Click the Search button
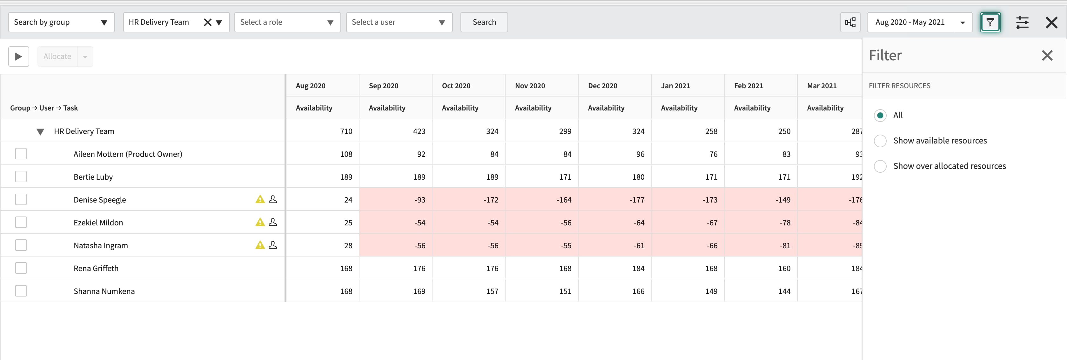click(x=484, y=22)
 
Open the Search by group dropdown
click(x=61, y=22)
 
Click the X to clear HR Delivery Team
click(x=207, y=22)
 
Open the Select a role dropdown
click(x=287, y=22)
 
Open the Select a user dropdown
click(x=399, y=22)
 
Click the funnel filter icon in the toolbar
click(x=990, y=22)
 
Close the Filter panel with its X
click(x=1047, y=56)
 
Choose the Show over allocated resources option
click(x=880, y=166)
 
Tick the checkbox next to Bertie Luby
click(x=21, y=177)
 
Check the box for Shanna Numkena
click(x=21, y=291)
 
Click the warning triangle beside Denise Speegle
click(x=260, y=200)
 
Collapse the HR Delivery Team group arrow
click(x=40, y=132)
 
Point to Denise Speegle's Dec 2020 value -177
click(x=637, y=200)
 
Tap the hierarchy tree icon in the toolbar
click(x=850, y=22)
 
